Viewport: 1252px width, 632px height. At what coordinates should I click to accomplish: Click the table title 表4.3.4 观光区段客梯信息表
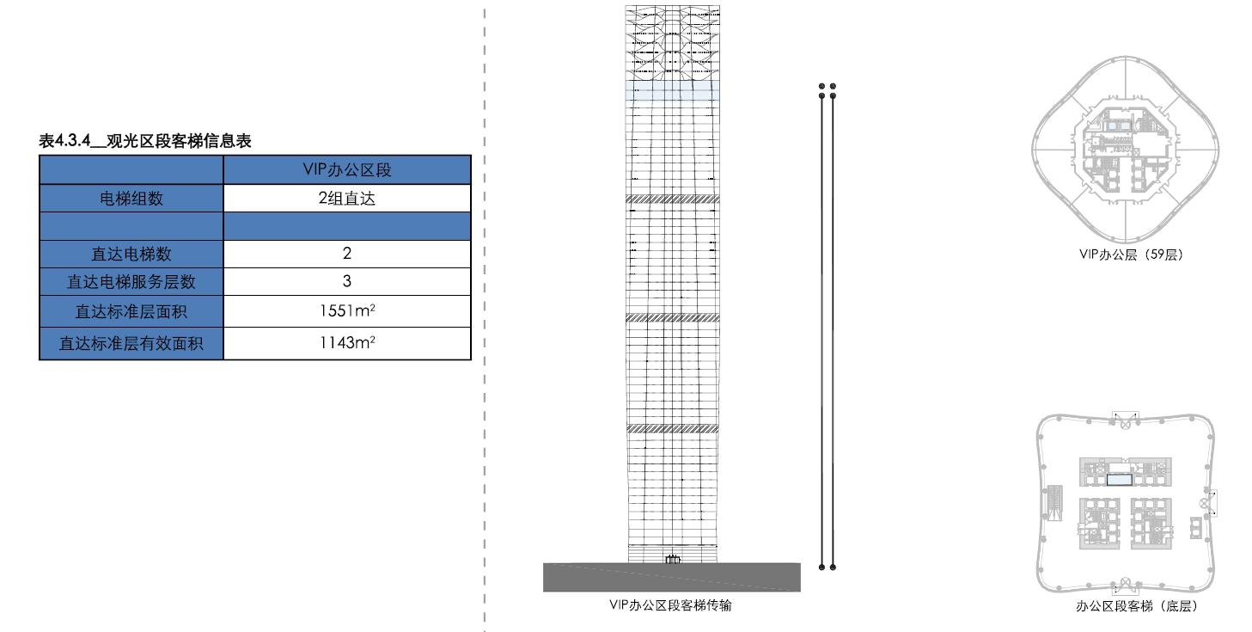pyautogui.click(x=144, y=141)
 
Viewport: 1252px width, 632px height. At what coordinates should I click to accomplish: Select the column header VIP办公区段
pyautogui.click(x=347, y=170)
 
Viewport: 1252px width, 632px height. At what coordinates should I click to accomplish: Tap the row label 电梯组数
pyautogui.click(x=131, y=199)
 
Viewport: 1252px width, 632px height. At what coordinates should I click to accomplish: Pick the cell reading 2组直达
pyautogui.click(x=347, y=199)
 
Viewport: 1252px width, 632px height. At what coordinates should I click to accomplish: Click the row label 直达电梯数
pyautogui.click(x=131, y=254)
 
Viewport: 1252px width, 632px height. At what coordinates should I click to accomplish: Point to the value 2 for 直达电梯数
pyautogui.click(x=347, y=254)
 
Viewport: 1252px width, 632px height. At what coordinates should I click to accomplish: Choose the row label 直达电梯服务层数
pyautogui.click(x=131, y=282)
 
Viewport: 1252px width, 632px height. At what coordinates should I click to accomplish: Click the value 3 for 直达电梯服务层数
pyautogui.click(x=347, y=281)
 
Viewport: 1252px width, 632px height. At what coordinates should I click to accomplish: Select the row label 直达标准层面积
pyautogui.click(x=131, y=311)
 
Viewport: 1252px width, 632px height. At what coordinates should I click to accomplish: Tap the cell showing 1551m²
pyautogui.click(x=347, y=310)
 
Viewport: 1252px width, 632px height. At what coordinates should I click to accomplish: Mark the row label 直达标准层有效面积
pyautogui.click(x=131, y=343)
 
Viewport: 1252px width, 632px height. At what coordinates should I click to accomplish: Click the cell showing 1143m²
pyautogui.click(x=347, y=342)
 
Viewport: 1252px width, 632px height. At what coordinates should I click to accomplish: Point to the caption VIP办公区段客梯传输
pyautogui.click(x=671, y=605)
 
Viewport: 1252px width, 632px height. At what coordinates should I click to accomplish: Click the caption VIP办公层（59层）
pyautogui.click(x=1131, y=255)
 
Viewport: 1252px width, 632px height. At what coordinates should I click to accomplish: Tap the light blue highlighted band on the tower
pyautogui.click(x=672, y=90)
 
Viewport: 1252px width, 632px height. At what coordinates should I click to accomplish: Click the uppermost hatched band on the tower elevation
pyautogui.click(x=672, y=199)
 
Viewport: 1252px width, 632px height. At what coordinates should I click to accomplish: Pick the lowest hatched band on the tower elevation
pyautogui.click(x=672, y=429)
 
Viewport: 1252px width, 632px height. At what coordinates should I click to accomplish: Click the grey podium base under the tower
pyautogui.click(x=672, y=577)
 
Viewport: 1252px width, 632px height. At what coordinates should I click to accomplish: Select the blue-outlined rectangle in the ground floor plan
pyautogui.click(x=1120, y=480)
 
